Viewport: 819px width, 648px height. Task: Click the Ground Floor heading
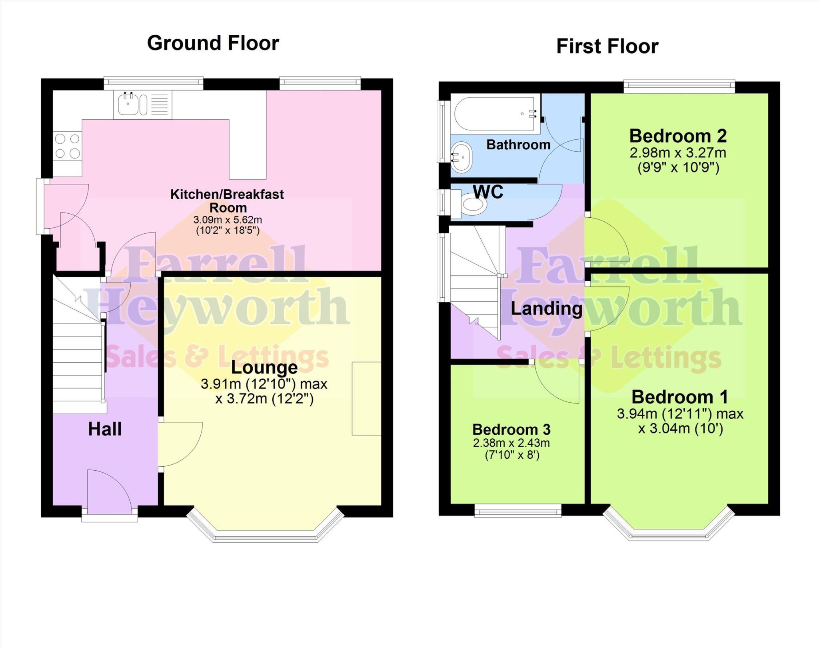tap(213, 43)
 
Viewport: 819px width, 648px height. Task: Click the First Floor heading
tap(607, 46)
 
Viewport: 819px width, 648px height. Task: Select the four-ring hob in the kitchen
tap(67, 146)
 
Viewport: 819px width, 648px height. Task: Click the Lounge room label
tap(264, 367)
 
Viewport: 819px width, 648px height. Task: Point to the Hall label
tap(105, 429)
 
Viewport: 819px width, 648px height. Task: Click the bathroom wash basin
tap(462, 157)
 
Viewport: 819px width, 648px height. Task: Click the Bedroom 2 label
tap(678, 136)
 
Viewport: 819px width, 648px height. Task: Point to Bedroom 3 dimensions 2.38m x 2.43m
tap(511, 443)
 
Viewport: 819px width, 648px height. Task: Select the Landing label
tap(546, 309)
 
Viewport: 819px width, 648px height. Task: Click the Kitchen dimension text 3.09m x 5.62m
tap(228, 220)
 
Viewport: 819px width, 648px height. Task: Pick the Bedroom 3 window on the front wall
tap(518, 510)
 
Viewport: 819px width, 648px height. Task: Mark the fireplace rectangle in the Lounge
tap(366, 398)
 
